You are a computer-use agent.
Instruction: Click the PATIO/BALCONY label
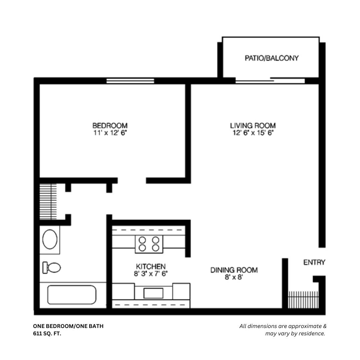[x=272, y=58]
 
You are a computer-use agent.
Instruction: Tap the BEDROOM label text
[x=110, y=126]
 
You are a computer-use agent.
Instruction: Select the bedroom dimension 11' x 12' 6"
[x=110, y=133]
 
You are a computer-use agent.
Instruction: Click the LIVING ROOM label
[x=253, y=126]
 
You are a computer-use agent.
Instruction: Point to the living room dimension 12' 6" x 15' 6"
[x=253, y=133]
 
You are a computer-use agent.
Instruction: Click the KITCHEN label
[x=151, y=267]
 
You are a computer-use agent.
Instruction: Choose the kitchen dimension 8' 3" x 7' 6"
[x=151, y=274]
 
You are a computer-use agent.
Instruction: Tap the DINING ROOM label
[x=234, y=270]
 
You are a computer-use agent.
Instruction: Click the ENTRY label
[x=314, y=263]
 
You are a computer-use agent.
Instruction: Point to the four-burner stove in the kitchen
[x=149, y=244]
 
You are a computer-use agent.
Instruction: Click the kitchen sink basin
[x=153, y=293]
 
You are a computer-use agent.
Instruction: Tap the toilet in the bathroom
[x=52, y=267]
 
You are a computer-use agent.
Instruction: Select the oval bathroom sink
[x=50, y=239]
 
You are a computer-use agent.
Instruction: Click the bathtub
[x=72, y=295]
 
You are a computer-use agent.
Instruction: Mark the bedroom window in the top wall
[x=130, y=81]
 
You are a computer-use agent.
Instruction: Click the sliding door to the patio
[x=270, y=81]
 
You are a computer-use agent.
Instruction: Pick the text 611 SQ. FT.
[x=47, y=333]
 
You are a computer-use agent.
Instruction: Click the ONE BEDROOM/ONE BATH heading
[x=68, y=326]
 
